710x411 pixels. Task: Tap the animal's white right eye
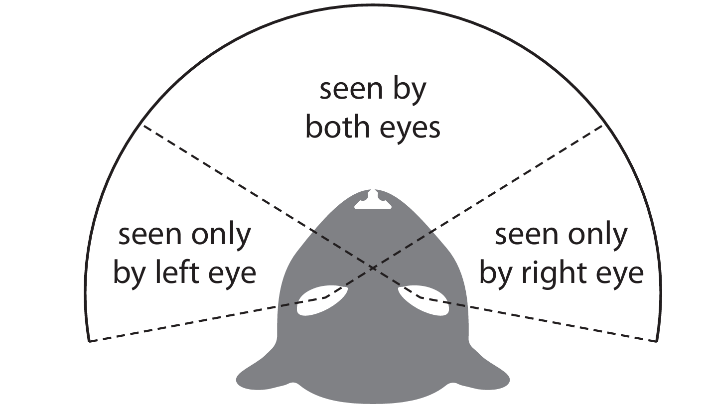(x=425, y=300)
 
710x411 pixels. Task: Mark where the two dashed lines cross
(x=373, y=268)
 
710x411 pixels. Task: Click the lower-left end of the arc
(x=89, y=342)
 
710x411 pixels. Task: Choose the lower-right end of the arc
(x=657, y=342)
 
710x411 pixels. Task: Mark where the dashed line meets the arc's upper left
(x=143, y=126)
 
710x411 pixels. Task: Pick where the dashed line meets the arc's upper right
(x=603, y=126)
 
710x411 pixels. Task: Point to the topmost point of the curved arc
(x=373, y=6)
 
